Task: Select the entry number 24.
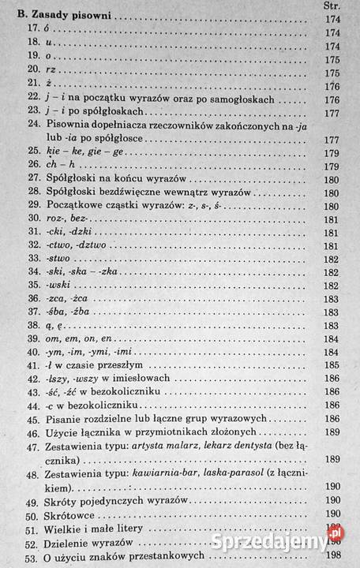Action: (34, 124)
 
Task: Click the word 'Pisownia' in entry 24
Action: (72, 124)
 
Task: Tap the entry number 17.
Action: (33, 29)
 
